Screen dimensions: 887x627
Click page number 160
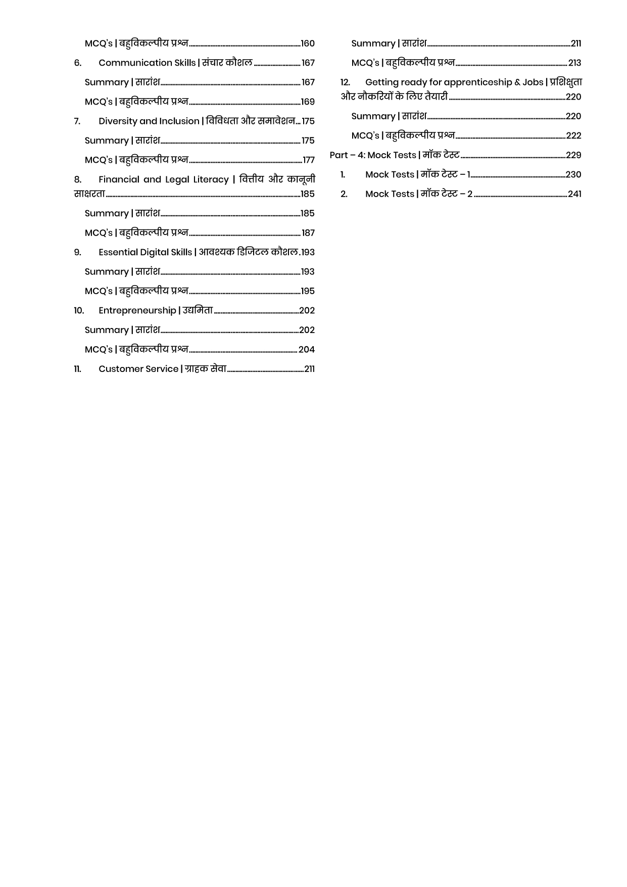pos(307,43)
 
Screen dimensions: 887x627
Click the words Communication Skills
pos(147,63)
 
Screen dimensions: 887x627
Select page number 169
pos(307,102)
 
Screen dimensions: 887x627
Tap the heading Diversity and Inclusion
pos(149,121)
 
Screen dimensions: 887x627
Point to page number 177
pos(308,160)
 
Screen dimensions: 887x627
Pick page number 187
pos(308,233)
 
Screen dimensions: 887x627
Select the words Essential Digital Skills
pos(145,252)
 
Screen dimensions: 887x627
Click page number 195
pos(307,291)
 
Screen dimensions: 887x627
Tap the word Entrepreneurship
pos(137,310)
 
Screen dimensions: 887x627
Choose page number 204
pos(306,350)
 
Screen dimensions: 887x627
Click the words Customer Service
pos(138,369)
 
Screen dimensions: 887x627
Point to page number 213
pos(574,63)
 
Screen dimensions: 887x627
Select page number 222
pos(573,136)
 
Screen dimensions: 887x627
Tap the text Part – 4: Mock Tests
pos(373,155)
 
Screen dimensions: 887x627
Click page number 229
pos(573,155)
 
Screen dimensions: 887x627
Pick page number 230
pos(573,175)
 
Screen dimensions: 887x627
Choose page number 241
pos(574,194)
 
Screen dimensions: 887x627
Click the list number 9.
pos(77,252)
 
